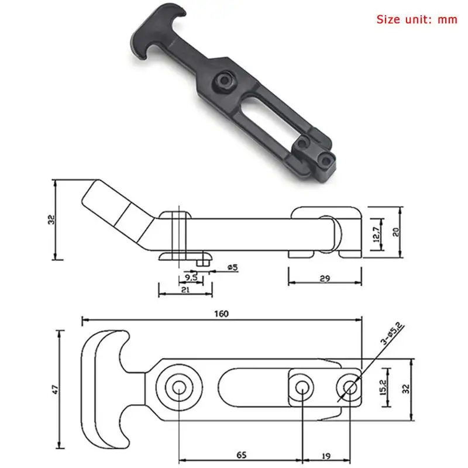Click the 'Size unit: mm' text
coord(415,19)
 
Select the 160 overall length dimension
coord(221,314)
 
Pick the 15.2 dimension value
coord(384,387)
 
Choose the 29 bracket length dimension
coord(325,278)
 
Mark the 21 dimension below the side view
coord(185,288)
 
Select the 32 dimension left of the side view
coord(51,220)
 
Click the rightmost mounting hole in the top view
coord(350,387)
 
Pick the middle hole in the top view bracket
coord(302,387)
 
